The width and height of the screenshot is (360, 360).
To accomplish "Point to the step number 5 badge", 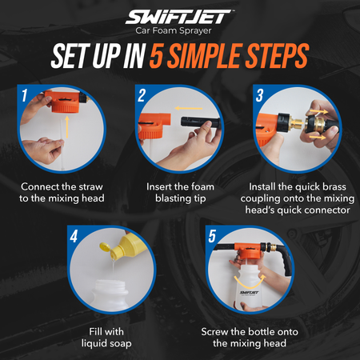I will pos(211,237).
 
